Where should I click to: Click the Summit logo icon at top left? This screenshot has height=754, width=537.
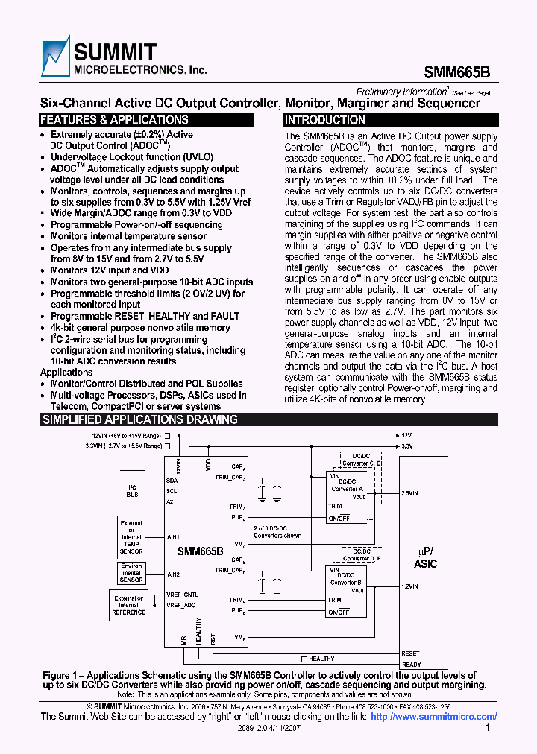coord(55,57)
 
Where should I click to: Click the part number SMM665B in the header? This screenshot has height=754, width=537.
coord(457,73)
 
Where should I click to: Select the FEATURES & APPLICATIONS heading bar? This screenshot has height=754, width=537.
coord(113,120)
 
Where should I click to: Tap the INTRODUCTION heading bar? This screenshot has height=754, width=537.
coord(325,120)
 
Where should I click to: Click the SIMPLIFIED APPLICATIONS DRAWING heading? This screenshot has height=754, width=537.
coord(139,419)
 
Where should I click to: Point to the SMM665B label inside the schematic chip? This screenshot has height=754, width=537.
coord(200,551)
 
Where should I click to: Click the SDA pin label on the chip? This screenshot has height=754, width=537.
coord(172,481)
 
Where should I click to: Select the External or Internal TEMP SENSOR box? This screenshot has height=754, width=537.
coord(131,537)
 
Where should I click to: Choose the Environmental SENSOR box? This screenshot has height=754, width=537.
coord(131,573)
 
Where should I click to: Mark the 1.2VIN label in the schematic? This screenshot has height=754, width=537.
coord(410,586)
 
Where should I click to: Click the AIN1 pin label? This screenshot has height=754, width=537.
coord(174,536)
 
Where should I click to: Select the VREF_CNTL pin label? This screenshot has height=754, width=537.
coord(182,595)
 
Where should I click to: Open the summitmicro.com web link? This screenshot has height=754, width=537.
coord(433,717)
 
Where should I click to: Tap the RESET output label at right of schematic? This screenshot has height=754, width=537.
coord(411,653)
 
